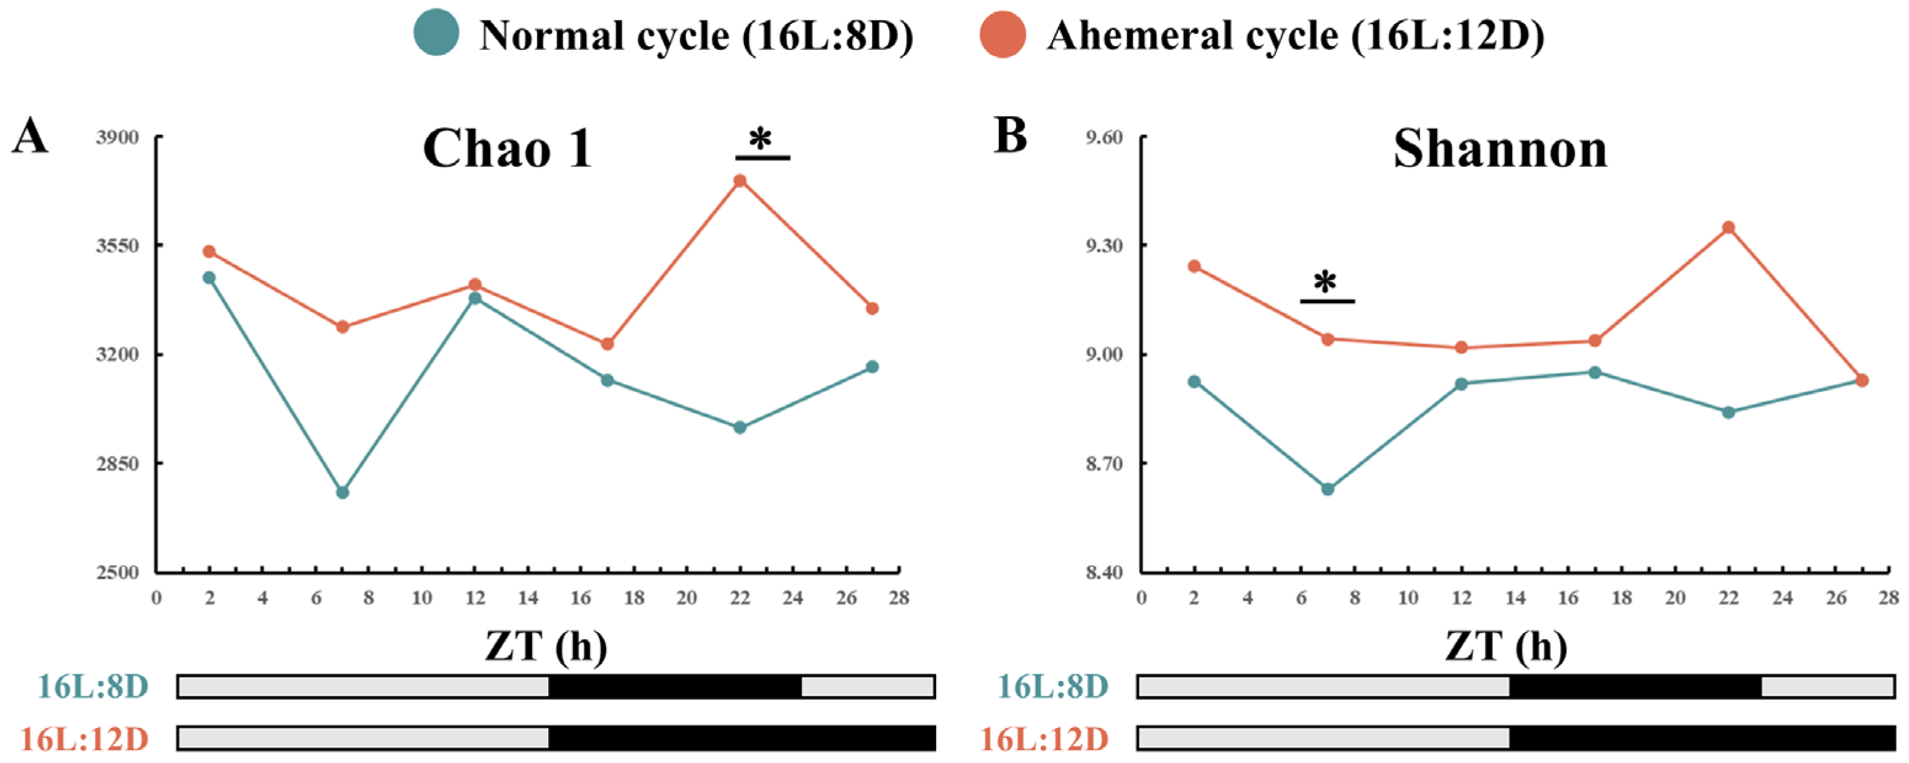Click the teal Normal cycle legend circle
tap(436, 34)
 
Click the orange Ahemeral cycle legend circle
tap(1003, 34)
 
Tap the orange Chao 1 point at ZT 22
tap(740, 181)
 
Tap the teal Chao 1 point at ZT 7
tap(342, 492)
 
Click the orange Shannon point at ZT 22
tap(1728, 227)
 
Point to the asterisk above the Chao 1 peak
tap(761, 139)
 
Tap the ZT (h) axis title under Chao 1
tap(546, 646)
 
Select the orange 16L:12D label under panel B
tap(1044, 738)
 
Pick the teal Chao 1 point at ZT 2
tap(209, 278)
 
